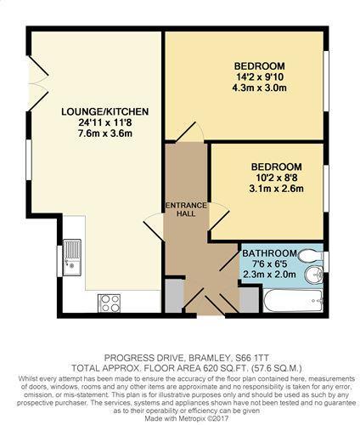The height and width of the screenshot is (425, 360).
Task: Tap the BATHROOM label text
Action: (269, 253)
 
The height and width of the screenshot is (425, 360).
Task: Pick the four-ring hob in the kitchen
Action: (110, 301)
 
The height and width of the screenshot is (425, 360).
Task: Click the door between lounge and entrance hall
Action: (155, 225)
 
